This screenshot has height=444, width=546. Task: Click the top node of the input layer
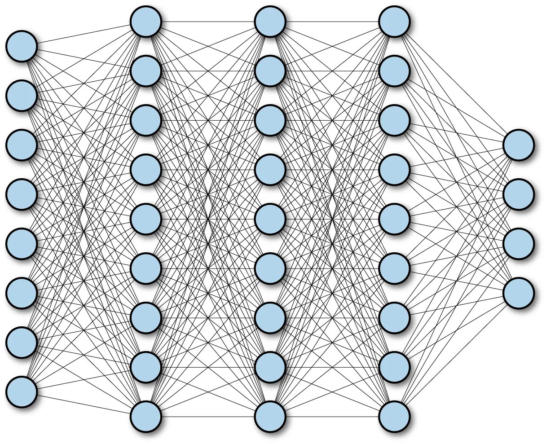coord(21,46)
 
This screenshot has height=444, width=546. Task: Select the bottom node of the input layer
coord(21,392)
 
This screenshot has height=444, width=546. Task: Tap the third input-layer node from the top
coord(21,145)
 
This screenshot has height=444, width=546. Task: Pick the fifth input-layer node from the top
coord(21,244)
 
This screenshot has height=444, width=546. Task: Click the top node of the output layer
coord(519,145)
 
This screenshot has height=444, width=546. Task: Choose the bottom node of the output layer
coord(519,293)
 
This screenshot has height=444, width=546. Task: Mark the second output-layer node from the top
coord(519,194)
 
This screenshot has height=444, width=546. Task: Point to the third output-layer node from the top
coord(519,244)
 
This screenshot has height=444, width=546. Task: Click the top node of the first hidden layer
coord(146,22)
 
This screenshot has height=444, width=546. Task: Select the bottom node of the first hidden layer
coord(146,417)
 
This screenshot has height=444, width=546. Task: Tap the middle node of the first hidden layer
coord(146,219)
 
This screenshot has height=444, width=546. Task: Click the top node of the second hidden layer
coord(270,22)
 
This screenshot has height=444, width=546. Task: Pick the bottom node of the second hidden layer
coord(270,417)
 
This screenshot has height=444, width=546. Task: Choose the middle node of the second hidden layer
coord(270,219)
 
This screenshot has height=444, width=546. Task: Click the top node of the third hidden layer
coord(394,22)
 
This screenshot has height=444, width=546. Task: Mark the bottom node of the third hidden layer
coord(394,417)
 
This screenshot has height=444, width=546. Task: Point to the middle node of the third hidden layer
coord(394,219)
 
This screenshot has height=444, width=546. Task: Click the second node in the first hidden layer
coord(146,71)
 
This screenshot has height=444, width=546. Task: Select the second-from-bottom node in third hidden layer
coord(394,367)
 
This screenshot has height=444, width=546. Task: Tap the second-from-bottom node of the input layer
coord(21,343)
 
